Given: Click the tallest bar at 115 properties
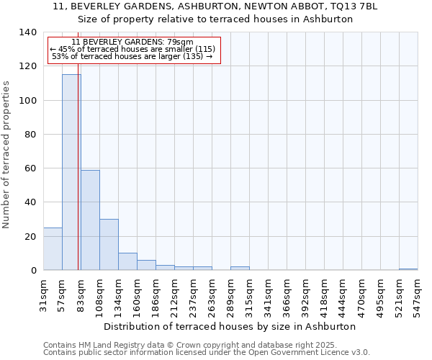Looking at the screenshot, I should pyautogui.click(x=71, y=173).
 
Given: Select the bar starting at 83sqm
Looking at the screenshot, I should pyautogui.click(x=90, y=220).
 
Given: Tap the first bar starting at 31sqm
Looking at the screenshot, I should pyautogui.click(x=53, y=249).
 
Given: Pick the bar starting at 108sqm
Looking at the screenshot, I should pyautogui.click(x=109, y=245).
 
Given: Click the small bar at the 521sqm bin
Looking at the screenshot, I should pyautogui.click(x=408, y=269).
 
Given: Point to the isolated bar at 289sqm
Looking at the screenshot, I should pyautogui.click(x=240, y=268).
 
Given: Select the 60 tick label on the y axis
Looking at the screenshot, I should pyautogui.click(x=30, y=168).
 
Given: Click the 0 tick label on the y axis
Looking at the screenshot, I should pyautogui.click(x=33, y=271).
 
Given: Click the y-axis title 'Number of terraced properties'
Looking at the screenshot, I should pyautogui.click(x=6, y=154).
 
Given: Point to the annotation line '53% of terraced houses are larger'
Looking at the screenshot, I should pyautogui.click(x=132, y=56).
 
